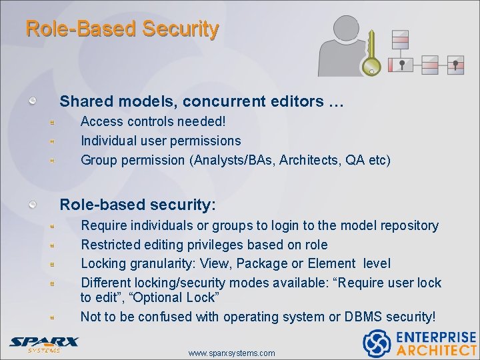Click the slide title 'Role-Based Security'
(122, 29)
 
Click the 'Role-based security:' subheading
(138, 203)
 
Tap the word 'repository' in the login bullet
(406, 225)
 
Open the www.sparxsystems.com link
(231, 353)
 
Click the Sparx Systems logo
(44, 343)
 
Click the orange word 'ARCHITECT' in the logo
(436, 350)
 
